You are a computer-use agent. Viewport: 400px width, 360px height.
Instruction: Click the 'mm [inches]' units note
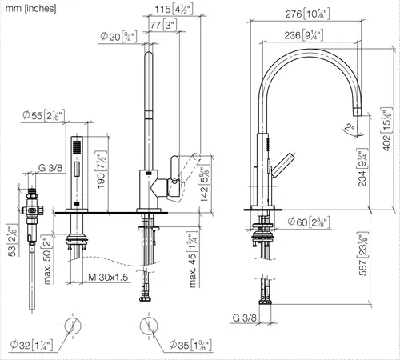tap(30, 8)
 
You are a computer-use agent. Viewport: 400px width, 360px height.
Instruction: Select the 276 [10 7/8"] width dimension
tap(307, 14)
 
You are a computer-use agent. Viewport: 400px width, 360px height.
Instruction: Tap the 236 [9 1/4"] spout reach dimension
tap(304, 35)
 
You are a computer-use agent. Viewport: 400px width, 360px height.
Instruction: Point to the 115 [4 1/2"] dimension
tap(174, 10)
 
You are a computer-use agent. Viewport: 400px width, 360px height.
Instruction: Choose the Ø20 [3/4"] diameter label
tap(118, 37)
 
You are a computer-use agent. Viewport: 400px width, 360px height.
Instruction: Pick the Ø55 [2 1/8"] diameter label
tap(44, 115)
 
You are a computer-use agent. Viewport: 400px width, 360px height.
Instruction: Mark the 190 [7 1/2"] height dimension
tap(102, 170)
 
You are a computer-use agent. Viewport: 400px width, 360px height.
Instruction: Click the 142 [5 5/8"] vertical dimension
tap(205, 184)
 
